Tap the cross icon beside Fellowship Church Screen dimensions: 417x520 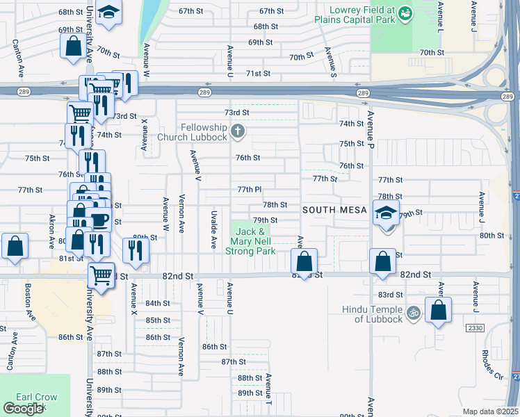(238, 130)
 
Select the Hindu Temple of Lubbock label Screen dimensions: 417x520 (373, 314)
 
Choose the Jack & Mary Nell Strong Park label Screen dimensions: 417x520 (250, 240)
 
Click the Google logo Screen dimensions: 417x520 (23, 409)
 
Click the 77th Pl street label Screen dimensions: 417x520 (249, 189)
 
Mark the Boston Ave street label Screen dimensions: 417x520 (29, 301)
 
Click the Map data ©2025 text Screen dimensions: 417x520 (490, 411)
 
